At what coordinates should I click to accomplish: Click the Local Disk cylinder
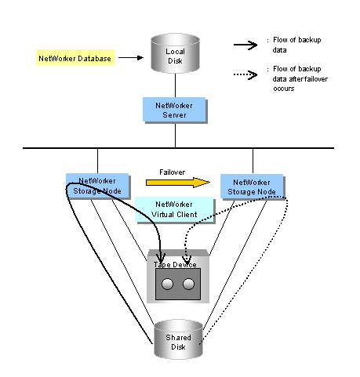tap(175, 53)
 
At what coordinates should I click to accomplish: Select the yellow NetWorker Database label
tap(75, 57)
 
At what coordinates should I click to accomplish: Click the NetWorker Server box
tap(174, 110)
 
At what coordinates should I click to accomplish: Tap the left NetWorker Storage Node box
tap(97, 186)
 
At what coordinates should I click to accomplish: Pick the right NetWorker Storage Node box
tap(252, 187)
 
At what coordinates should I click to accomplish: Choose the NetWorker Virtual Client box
tap(174, 209)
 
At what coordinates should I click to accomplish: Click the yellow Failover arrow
tap(178, 183)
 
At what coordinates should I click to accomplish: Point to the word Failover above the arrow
tap(172, 172)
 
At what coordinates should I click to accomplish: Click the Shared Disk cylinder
tap(178, 339)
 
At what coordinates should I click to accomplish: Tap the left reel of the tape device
tap(167, 284)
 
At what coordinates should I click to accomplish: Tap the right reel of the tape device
tap(188, 284)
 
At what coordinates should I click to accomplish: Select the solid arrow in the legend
tap(245, 45)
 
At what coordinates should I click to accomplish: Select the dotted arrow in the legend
tap(245, 75)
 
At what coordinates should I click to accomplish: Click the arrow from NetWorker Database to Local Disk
tap(131, 57)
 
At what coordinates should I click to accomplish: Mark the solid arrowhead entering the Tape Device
tap(160, 257)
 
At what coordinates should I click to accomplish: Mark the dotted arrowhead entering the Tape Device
tap(187, 259)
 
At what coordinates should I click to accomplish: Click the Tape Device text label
tap(175, 265)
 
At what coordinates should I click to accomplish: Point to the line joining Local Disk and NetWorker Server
tap(175, 85)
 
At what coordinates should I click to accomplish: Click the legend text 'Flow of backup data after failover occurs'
tap(300, 78)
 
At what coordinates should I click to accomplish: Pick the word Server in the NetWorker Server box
tap(174, 114)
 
